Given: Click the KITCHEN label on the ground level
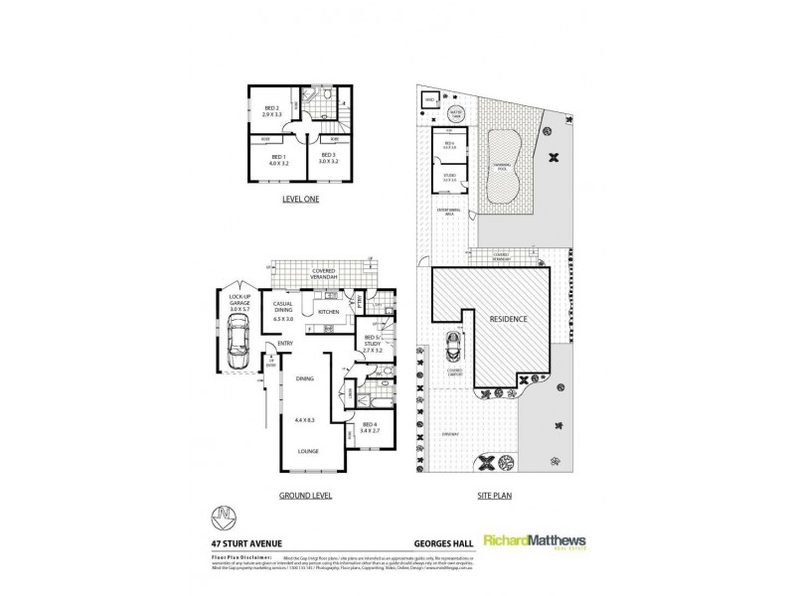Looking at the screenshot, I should point(329,313).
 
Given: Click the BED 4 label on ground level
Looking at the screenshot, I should point(370,428).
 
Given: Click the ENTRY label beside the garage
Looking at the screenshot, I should point(285,344).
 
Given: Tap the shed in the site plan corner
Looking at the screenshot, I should point(430,101).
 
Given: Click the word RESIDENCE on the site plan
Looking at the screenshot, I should point(509,320).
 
